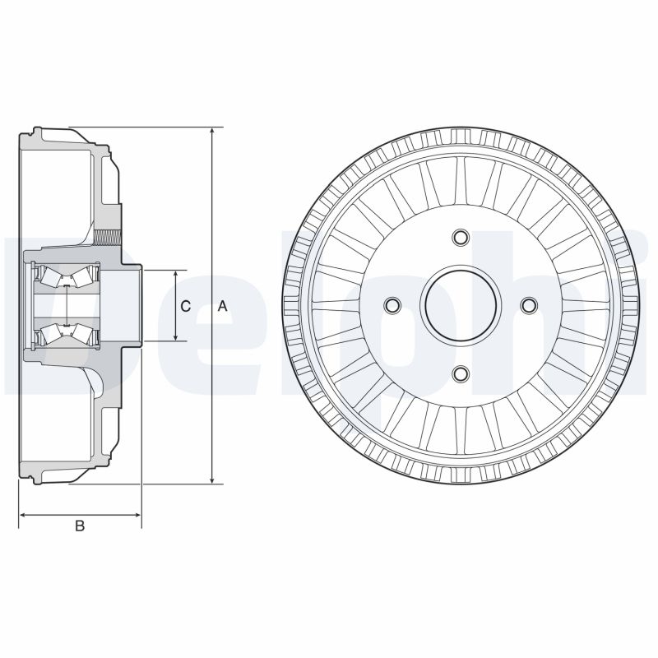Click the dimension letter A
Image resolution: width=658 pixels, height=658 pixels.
coord(221,306)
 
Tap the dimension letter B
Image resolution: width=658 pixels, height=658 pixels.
coord(80,526)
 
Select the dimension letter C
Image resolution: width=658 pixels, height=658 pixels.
coord(185,306)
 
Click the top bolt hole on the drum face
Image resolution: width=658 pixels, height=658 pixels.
coord(460,239)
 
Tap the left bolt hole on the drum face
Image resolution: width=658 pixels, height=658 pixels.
coord(392,306)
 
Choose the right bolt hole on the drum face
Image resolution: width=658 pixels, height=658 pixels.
coord(528,306)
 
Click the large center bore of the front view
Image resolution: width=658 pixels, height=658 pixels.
coord(460,306)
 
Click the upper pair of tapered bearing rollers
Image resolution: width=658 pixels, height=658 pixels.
coord(66,276)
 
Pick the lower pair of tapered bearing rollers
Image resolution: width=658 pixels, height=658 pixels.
coord(66,333)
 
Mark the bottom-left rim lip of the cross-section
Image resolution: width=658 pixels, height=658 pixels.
coord(33,478)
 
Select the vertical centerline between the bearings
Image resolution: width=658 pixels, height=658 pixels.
coord(66,305)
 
